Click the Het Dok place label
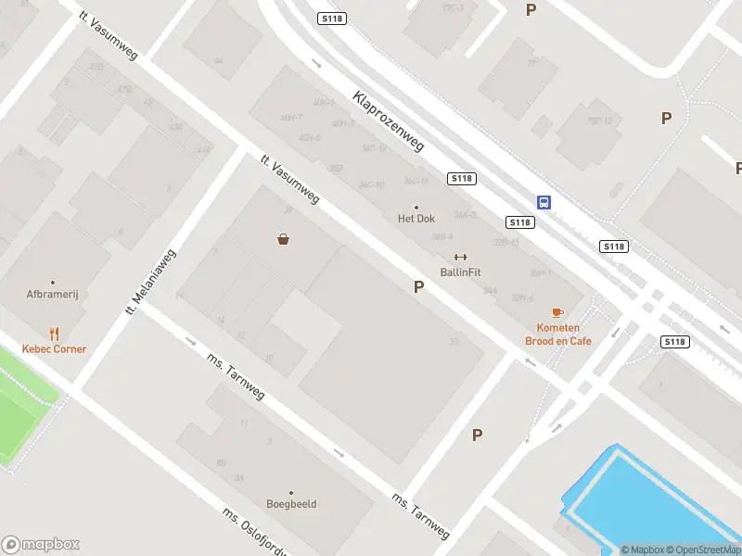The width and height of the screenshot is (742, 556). [x=416, y=219]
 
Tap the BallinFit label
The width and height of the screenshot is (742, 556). [x=460, y=272]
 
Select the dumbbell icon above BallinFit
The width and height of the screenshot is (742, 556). [x=460, y=257]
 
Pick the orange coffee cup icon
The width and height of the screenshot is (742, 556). [x=557, y=313]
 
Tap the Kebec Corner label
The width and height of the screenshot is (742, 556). [x=55, y=349]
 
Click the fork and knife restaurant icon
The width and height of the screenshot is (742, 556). [x=55, y=334]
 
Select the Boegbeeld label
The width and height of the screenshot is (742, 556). [x=291, y=504]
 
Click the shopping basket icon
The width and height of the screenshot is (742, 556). [x=283, y=239]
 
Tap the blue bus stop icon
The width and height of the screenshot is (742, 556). [x=544, y=202]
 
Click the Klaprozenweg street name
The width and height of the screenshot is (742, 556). [x=388, y=121]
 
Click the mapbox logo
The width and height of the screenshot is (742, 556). [x=41, y=545]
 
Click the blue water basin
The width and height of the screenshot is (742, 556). [x=649, y=500]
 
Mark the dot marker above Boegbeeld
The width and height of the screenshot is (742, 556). [x=291, y=492]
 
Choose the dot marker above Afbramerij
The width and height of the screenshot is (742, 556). [x=52, y=283]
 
